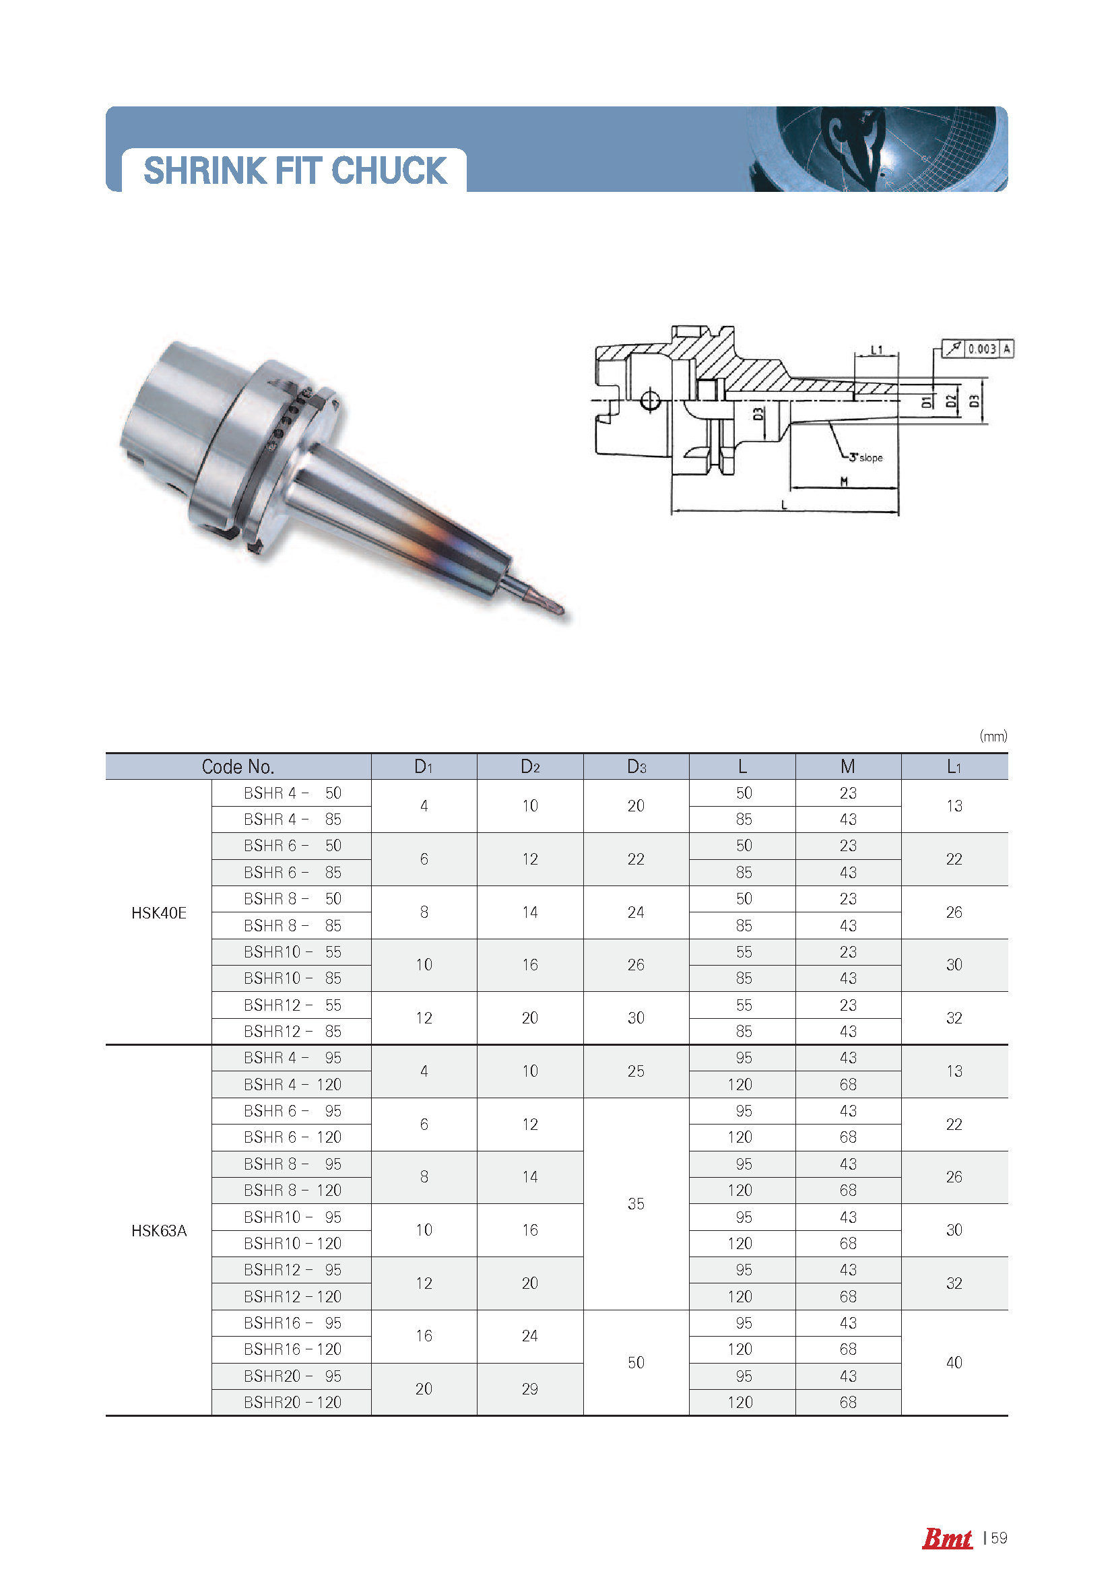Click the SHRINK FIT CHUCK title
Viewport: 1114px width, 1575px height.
(295, 170)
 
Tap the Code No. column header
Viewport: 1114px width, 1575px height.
(238, 766)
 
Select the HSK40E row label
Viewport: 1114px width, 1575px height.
(158, 912)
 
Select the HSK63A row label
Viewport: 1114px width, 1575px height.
(158, 1231)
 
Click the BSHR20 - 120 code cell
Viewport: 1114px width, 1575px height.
(292, 1402)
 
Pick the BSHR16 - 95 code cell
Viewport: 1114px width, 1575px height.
(292, 1322)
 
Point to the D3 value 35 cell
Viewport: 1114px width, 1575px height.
(636, 1204)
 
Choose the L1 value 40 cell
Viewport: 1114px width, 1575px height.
(954, 1362)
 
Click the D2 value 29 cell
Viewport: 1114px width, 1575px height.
(529, 1389)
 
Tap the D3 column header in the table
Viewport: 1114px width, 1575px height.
(636, 766)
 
